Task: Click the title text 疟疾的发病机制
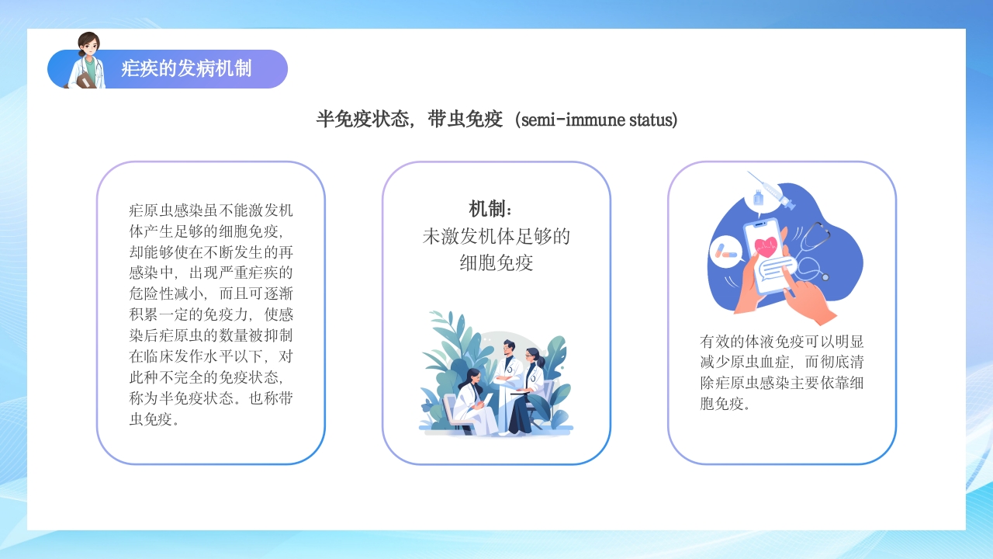pyautogui.click(x=186, y=69)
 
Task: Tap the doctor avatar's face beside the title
pyautogui.click(x=88, y=46)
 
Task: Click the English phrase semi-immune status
pyautogui.click(x=599, y=120)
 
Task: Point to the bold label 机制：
pyautogui.click(x=490, y=209)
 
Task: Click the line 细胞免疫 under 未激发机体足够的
pyautogui.click(x=496, y=262)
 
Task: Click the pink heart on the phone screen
pyautogui.click(x=766, y=246)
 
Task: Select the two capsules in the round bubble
pyautogui.click(x=726, y=251)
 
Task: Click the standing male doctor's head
pyautogui.click(x=508, y=346)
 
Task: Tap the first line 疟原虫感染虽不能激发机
pyautogui.click(x=210, y=210)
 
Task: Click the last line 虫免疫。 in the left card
pyautogui.click(x=154, y=420)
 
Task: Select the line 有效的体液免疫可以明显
pyautogui.click(x=781, y=342)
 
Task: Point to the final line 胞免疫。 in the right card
pyautogui.click(x=725, y=404)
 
